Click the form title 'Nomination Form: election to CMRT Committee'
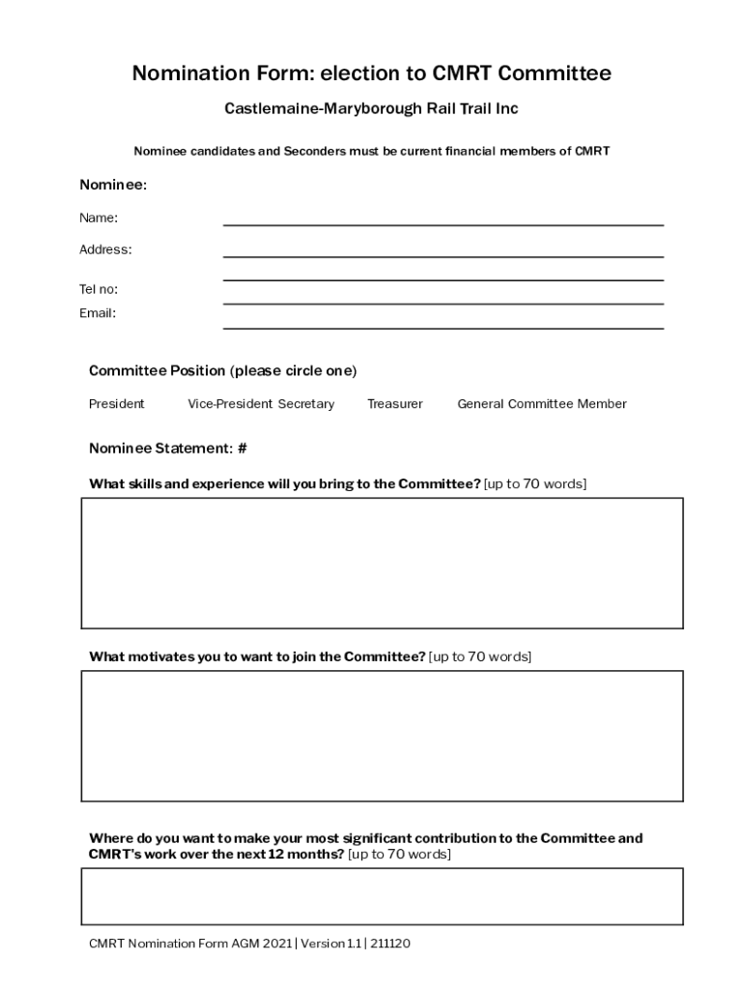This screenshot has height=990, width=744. tap(371, 73)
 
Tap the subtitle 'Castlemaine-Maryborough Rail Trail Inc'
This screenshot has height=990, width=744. tap(371, 108)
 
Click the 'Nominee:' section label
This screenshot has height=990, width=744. tap(112, 185)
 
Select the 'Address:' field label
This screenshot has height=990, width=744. tap(105, 249)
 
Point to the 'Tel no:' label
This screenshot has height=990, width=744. tap(99, 289)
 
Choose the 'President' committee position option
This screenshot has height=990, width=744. tap(117, 404)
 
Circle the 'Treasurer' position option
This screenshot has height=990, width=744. tap(394, 404)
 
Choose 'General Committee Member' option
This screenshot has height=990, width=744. tap(541, 404)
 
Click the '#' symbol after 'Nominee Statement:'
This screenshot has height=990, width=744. tap(243, 449)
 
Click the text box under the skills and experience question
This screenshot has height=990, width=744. tap(382, 563)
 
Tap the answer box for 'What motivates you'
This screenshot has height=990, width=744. tap(382, 736)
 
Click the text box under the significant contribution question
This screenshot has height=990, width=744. tap(382, 896)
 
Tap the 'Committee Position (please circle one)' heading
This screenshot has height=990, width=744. tap(222, 371)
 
